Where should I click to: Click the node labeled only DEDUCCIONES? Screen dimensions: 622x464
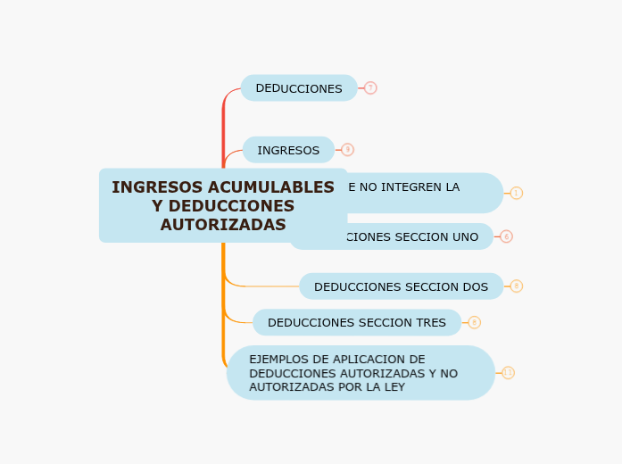point(298,88)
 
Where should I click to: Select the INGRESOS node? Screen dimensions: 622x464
point(288,150)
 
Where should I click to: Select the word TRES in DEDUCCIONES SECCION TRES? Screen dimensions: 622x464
point(426,322)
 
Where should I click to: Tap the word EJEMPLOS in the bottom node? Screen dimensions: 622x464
point(280,360)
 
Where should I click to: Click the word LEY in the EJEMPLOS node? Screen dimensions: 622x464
point(392,387)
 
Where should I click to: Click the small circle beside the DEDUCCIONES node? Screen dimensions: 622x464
point(370,88)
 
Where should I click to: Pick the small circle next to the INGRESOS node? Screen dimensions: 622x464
point(347,150)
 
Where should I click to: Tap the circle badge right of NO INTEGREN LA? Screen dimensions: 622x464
point(516,193)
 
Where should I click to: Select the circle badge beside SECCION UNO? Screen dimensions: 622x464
point(506,236)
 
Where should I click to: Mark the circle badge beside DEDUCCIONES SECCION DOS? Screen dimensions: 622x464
point(516,286)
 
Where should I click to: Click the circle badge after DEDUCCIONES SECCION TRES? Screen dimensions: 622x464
point(474,322)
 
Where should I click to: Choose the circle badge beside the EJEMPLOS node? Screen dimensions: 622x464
point(508,373)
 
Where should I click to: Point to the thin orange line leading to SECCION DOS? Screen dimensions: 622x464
point(268,286)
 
